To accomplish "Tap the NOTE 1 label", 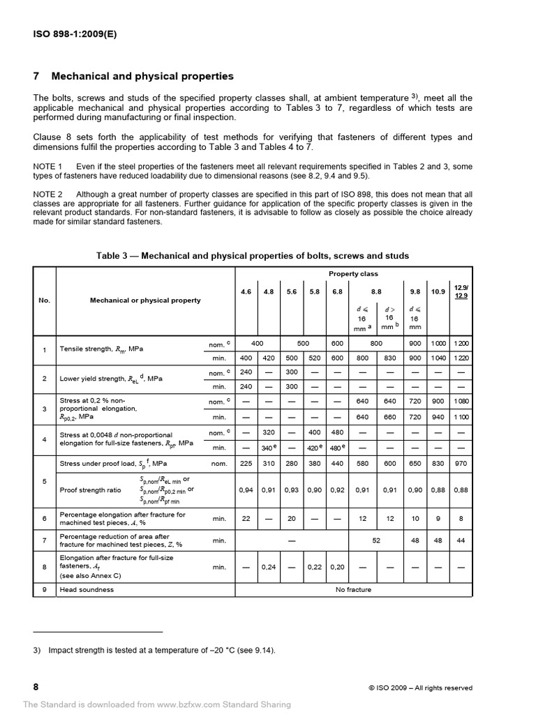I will pyautogui.click(x=48, y=166).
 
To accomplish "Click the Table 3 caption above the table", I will pyautogui.click(x=252, y=256).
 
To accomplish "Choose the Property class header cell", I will pyautogui.click(x=353, y=274).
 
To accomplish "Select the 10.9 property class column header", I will pyautogui.click(x=438, y=291).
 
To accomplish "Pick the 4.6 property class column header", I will pyautogui.click(x=246, y=291).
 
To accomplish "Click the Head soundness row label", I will pyautogui.click(x=87, y=589).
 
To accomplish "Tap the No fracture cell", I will pyautogui.click(x=353, y=589).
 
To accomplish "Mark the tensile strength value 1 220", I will pyautogui.click(x=461, y=358).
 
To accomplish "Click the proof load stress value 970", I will pyautogui.click(x=461, y=463).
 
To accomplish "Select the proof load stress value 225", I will pyautogui.click(x=246, y=463).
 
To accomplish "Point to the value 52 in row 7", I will pyautogui.click(x=377, y=540).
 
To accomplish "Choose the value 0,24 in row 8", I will pyautogui.click(x=269, y=568).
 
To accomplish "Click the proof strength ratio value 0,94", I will pyautogui.click(x=246, y=489).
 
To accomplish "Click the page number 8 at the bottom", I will pyautogui.click(x=36, y=687).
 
